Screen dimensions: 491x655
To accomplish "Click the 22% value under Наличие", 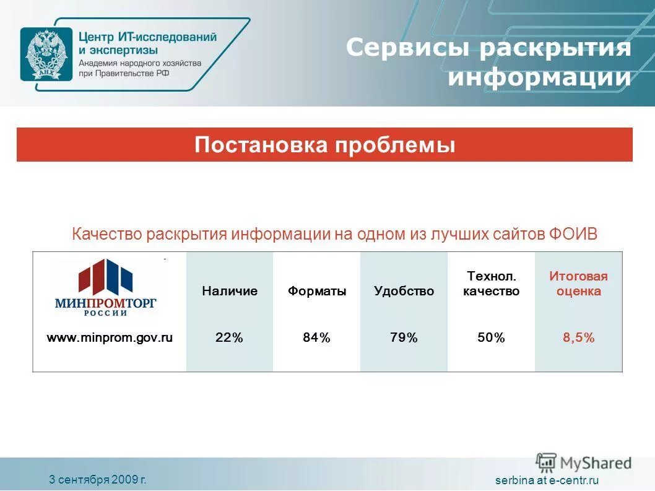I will (229, 337).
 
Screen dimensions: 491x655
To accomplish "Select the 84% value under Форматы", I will (316, 337).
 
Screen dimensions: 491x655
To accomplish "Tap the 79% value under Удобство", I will (404, 337).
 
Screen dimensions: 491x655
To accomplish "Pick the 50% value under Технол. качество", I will (491, 337).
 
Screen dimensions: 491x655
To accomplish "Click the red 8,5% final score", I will (578, 337).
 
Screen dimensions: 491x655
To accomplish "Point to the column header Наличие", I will (229, 291).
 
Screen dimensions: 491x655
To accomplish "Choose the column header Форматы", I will (317, 291).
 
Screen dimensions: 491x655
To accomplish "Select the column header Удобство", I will (404, 291).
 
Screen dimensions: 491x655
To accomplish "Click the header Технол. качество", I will (491, 284).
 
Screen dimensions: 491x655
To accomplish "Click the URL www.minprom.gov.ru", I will (110, 337).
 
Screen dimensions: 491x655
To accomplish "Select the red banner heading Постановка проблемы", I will (324, 145).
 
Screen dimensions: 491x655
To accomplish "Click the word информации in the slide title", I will (539, 78).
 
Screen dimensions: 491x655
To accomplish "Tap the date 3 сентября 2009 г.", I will (98, 479).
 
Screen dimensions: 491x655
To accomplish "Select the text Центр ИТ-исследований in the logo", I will (147, 37).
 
